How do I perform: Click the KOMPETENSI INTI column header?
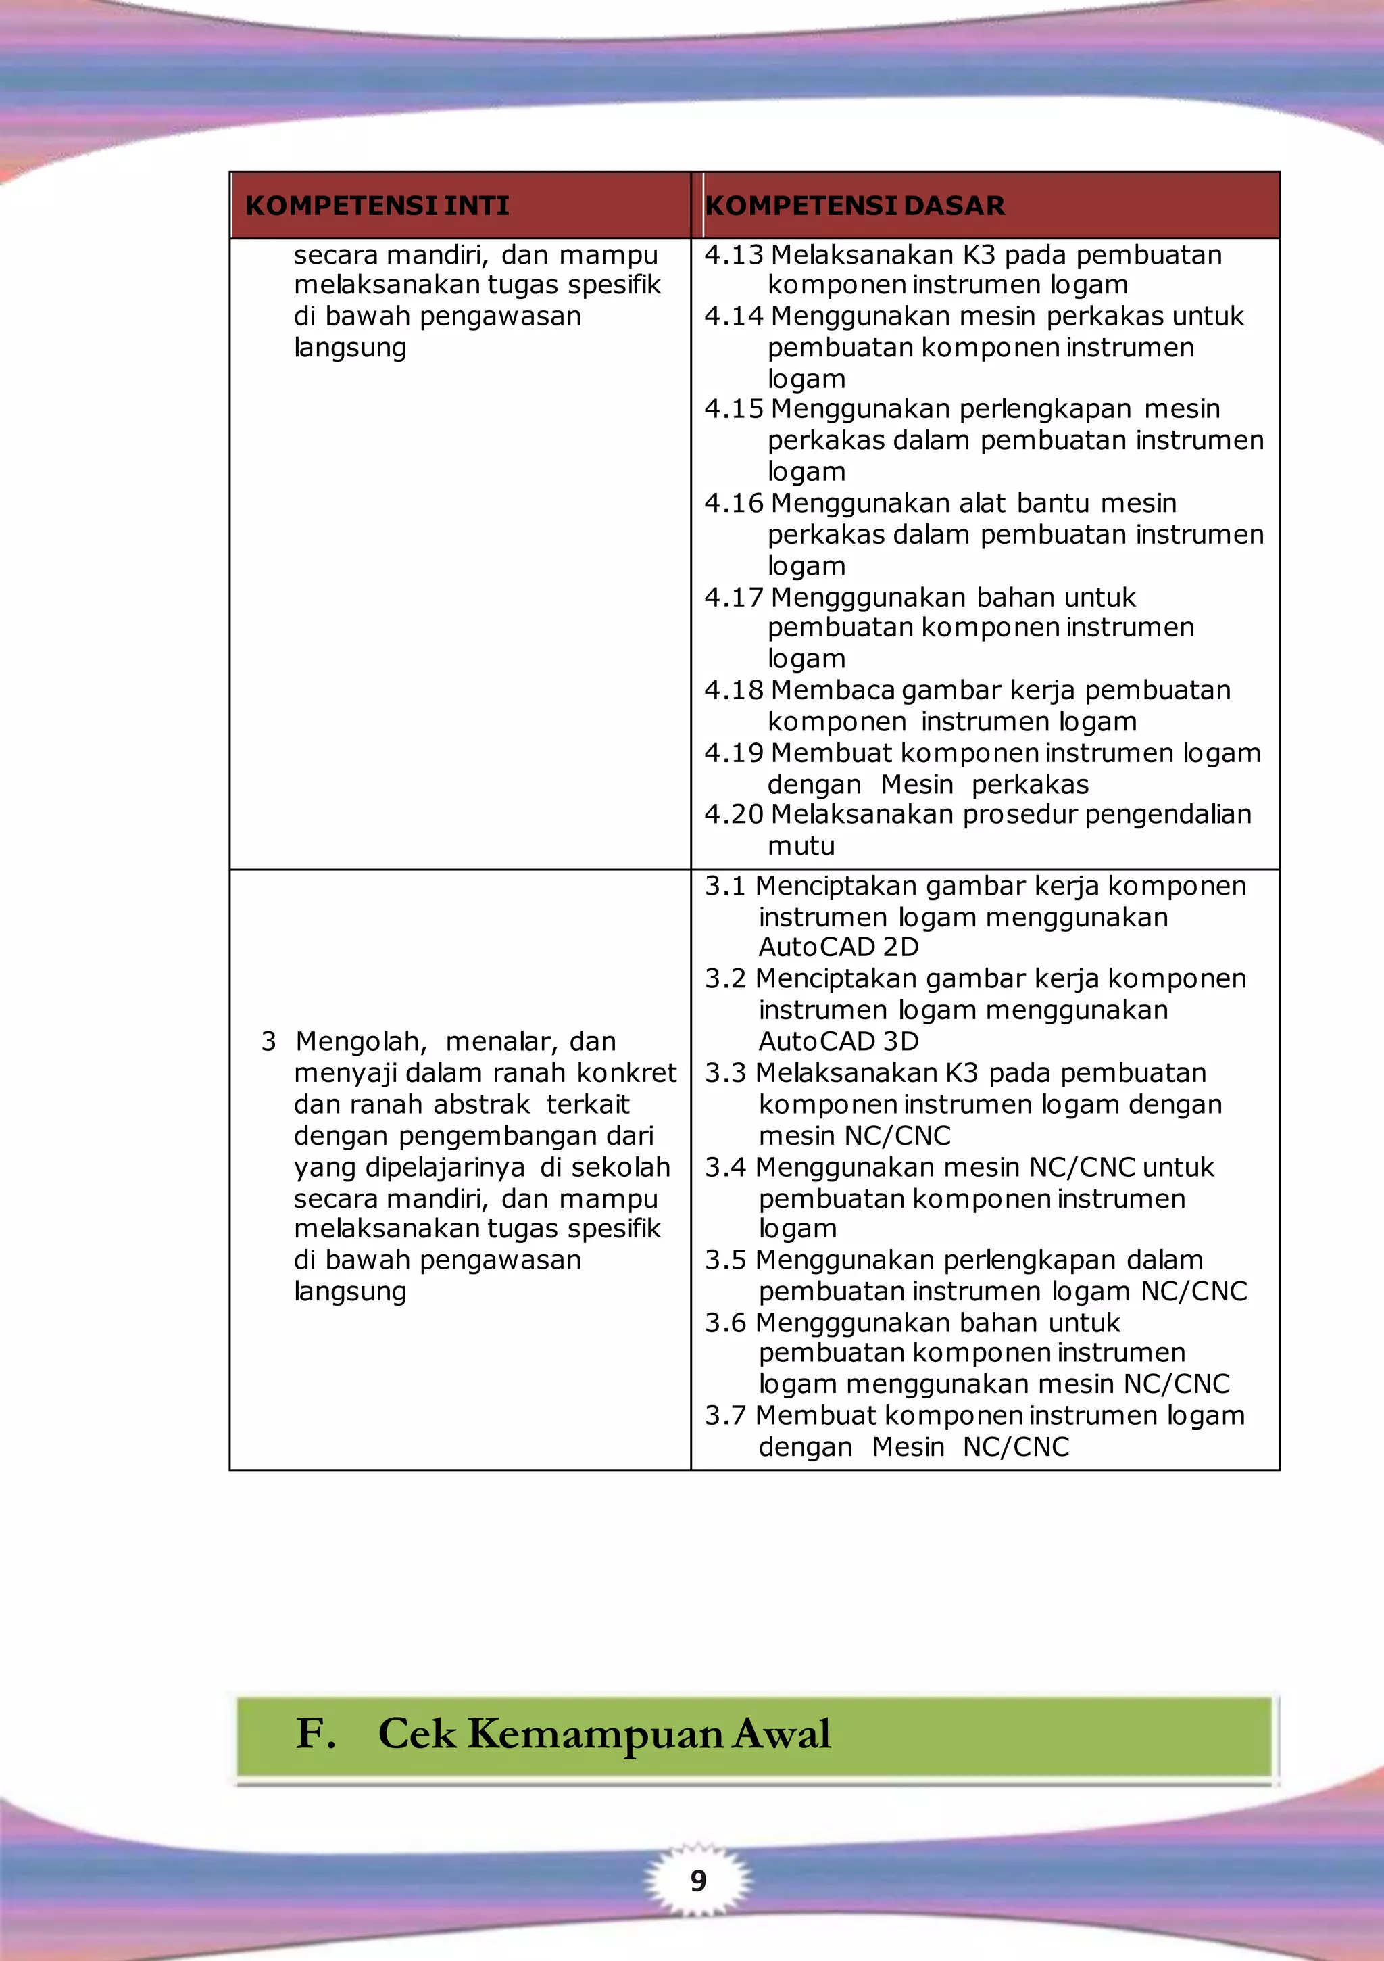(x=376, y=206)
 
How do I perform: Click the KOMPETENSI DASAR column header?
(x=855, y=206)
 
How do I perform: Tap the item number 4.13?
(x=733, y=254)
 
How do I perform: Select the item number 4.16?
(x=733, y=503)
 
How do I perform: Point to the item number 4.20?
(x=733, y=814)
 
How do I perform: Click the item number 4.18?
(x=733, y=690)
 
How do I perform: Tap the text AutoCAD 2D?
(x=839, y=947)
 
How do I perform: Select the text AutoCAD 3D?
(x=839, y=1041)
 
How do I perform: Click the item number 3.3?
(x=726, y=1072)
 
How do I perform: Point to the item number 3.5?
(x=726, y=1260)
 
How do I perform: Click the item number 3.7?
(x=726, y=1415)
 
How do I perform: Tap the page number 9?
(x=698, y=1881)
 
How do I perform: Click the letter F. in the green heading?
(x=315, y=1734)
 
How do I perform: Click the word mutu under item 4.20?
(x=801, y=845)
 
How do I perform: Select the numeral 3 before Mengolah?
(x=268, y=1042)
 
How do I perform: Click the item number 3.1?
(x=726, y=887)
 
